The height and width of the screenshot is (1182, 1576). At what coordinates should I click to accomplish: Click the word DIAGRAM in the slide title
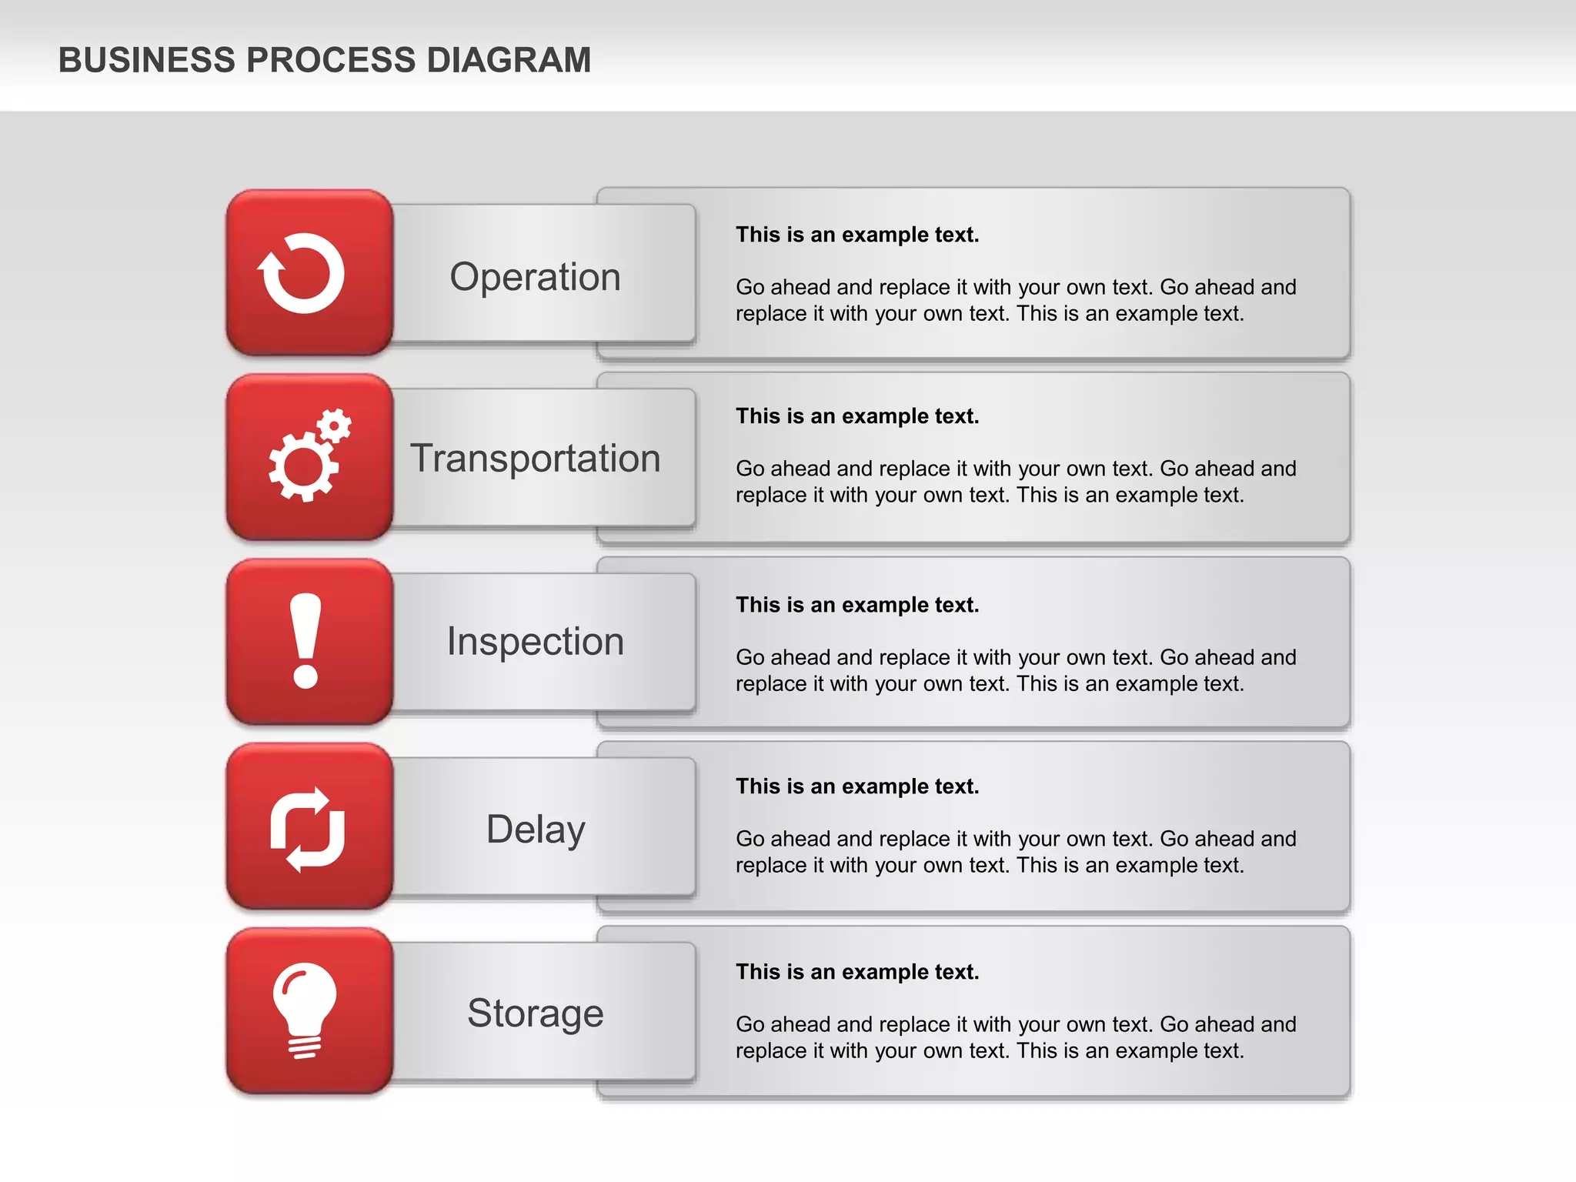[509, 60]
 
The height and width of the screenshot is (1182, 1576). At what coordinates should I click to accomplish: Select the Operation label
[535, 277]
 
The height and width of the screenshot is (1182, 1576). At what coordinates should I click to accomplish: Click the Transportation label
[535, 459]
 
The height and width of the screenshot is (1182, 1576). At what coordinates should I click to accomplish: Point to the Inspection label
[535, 641]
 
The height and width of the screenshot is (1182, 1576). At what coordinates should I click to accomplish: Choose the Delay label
[536, 830]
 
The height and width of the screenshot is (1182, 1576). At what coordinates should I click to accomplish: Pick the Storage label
[535, 1013]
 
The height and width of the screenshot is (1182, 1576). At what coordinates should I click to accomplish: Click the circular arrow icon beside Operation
[302, 273]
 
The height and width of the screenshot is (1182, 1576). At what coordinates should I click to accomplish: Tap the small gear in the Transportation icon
[334, 425]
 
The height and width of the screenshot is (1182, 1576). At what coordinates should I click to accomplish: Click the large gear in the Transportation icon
[302, 466]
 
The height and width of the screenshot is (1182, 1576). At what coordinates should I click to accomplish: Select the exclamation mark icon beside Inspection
[306, 640]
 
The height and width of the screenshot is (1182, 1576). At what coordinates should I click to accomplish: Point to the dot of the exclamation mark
[306, 676]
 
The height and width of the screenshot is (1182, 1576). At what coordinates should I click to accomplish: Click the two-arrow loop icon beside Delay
[308, 830]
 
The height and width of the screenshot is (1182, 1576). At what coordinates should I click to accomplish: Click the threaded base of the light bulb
[305, 1047]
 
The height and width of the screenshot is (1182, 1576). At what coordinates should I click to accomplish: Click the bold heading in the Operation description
[857, 235]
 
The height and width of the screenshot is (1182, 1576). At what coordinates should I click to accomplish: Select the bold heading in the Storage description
[857, 972]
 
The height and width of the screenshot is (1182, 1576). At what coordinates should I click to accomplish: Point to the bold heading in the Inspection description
[857, 605]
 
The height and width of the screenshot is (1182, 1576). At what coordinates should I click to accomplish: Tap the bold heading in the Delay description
[857, 786]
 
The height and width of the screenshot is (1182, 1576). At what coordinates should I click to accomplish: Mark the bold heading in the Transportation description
[857, 416]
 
